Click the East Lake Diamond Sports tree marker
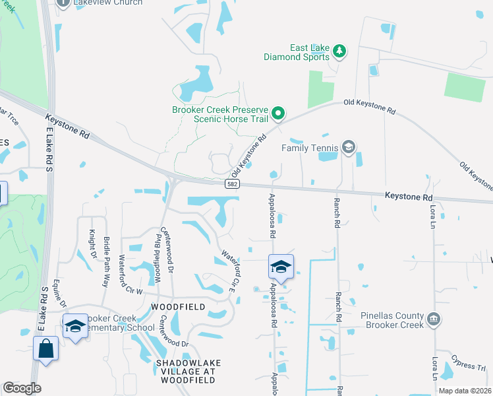pyautogui.click(x=340, y=51)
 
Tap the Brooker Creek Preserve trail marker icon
pyautogui.click(x=278, y=114)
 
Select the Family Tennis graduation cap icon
pyautogui.click(x=349, y=147)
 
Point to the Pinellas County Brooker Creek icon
pyautogui.click(x=433, y=320)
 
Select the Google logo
pyautogui.click(x=22, y=388)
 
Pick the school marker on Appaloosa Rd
pyautogui.click(x=281, y=267)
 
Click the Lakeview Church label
pyautogui.click(x=109, y=3)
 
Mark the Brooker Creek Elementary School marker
pyautogui.click(x=75, y=325)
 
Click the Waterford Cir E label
pyautogui.click(x=229, y=271)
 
